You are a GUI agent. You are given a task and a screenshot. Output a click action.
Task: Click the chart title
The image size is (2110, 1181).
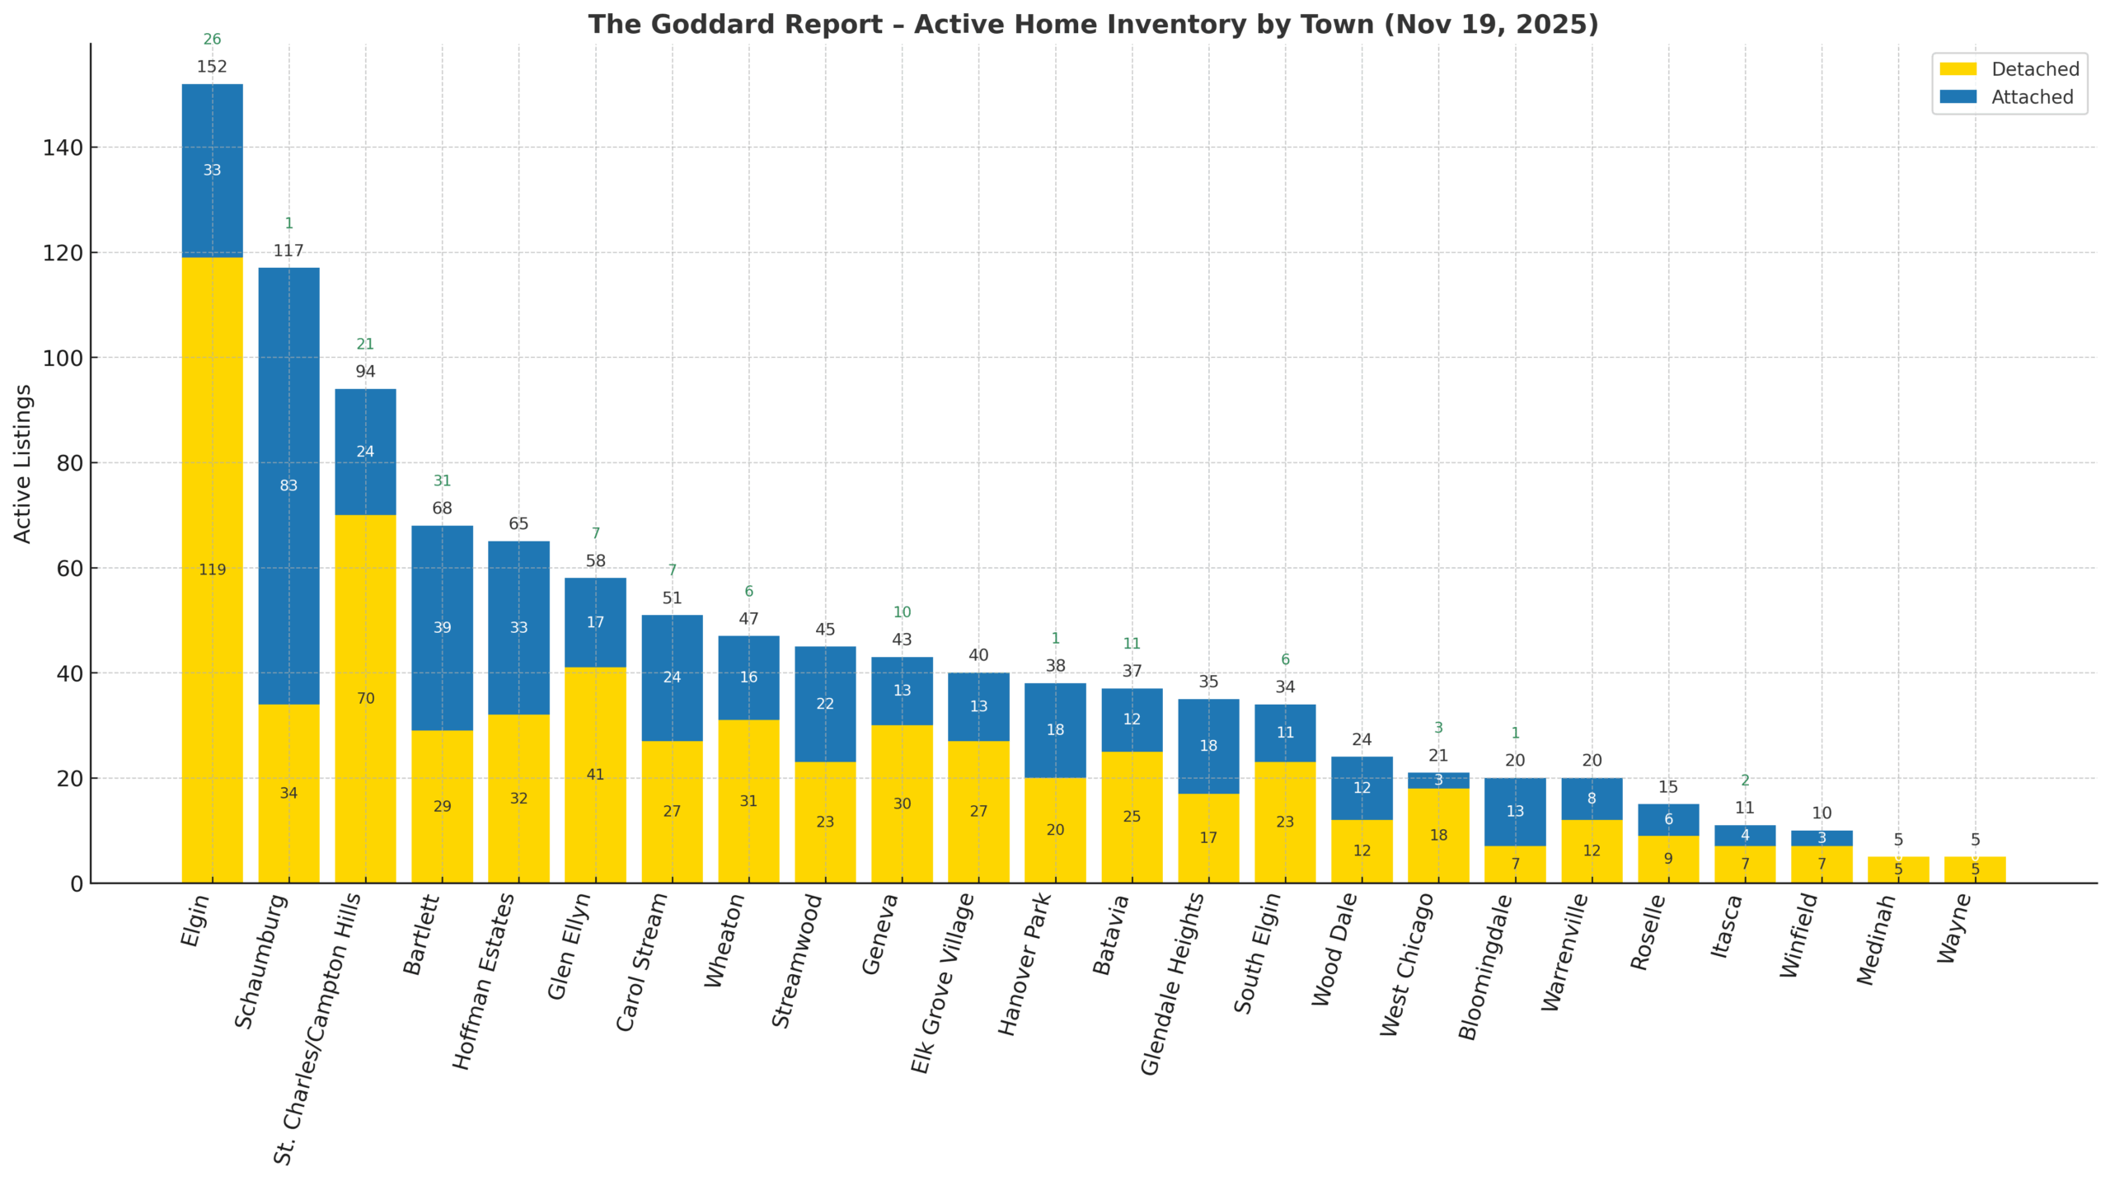[x=1092, y=25]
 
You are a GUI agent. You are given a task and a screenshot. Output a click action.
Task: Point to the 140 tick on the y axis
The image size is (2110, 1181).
[x=63, y=148]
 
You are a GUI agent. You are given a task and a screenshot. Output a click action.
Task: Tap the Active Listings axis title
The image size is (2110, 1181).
[x=22, y=463]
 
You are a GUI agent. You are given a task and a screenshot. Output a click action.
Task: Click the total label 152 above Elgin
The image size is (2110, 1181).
[x=212, y=67]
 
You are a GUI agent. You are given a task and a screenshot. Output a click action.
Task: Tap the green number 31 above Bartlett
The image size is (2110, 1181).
[x=442, y=480]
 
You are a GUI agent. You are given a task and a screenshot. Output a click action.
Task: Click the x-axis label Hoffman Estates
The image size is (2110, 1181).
[x=485, y=981]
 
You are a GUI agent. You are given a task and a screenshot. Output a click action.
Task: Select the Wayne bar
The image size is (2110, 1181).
[x=1974, y=869]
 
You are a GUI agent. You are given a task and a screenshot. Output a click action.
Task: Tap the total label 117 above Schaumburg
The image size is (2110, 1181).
[x=288, y=251]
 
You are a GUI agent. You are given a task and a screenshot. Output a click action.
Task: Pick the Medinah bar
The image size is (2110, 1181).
[x=1897, y=869]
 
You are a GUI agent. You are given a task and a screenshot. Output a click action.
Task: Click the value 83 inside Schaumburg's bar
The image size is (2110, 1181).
[x=288, y=485]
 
